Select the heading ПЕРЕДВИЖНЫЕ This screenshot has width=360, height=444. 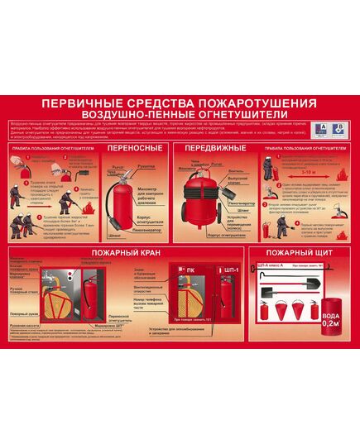point(214,148)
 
